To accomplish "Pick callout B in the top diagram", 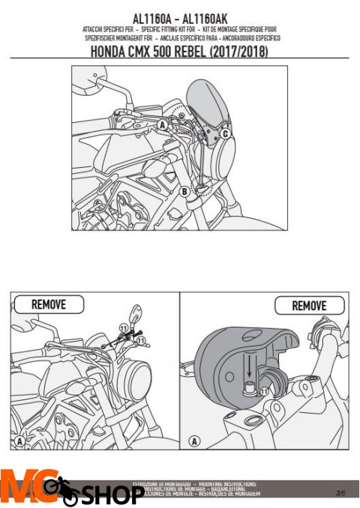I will coord(184,191).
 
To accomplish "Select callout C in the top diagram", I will coord(224,133).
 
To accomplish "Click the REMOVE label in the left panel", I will coord(49,304).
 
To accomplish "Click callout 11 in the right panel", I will coord(263,390).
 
